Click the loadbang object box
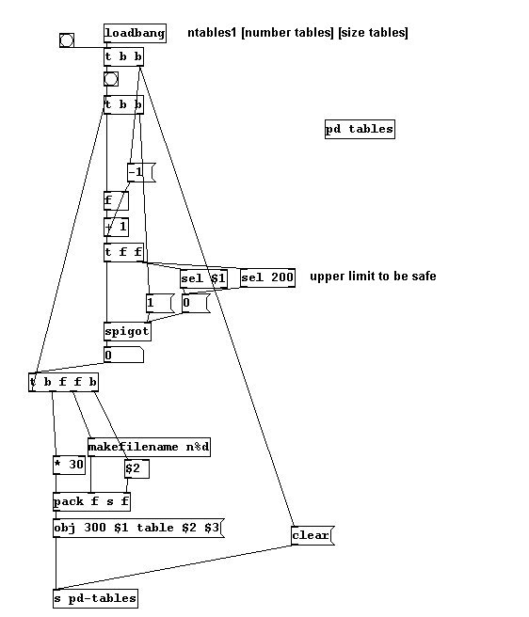135,33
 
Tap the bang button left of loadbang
67,40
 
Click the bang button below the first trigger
111,79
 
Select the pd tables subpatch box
360,129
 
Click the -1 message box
141,172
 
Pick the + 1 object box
116,227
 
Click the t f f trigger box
123,252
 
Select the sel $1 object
203,278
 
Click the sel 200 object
267,277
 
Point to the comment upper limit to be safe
373,277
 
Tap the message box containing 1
160,304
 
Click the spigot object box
127,332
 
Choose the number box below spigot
123,355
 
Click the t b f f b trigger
63,382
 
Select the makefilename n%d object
149,447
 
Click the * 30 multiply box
69,466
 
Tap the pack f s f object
91,501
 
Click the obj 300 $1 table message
138,528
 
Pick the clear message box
313,535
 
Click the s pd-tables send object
95,598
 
